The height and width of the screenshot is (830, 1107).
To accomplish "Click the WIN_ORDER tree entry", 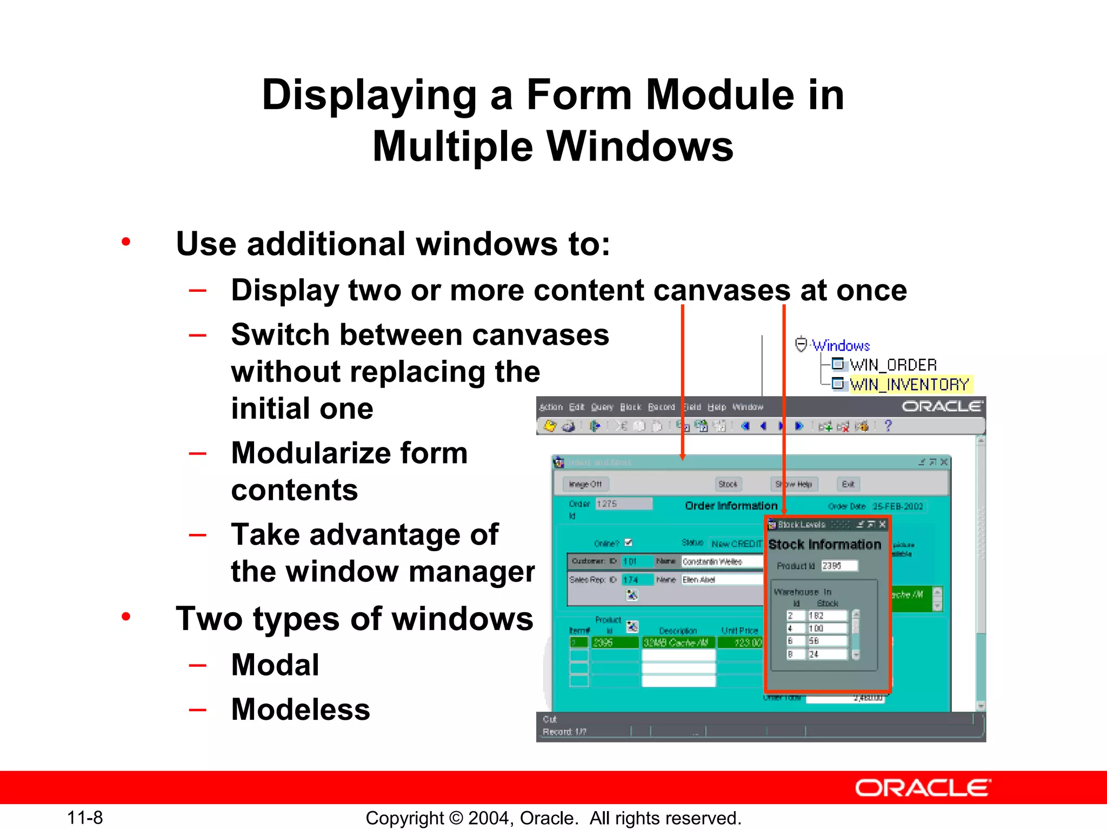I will tap(892, 365).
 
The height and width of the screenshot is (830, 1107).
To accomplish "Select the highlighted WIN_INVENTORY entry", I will tap(909, 384).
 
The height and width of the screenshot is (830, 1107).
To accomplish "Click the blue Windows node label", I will tap(841, 345).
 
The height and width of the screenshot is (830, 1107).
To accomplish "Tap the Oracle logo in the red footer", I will tap(923, 788).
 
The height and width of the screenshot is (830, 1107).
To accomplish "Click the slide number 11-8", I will tap(85, 818).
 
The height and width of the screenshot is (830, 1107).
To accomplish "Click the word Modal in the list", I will tap(275, 665).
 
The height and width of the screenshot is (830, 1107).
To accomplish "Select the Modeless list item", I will tap(301, 709).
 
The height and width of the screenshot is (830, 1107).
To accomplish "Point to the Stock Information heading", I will tap(824, 545).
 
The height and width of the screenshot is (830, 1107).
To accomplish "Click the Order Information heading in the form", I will tap(731, 506).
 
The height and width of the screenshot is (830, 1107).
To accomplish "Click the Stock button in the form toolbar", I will tap(728, 484).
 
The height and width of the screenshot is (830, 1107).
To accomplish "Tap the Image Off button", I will tap(585, 484).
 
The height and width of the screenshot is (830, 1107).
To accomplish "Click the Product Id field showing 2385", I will tap(838, 566).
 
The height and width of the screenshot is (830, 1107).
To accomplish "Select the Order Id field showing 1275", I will tap(623, 504).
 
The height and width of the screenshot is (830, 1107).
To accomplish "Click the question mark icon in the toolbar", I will tap(888, 426).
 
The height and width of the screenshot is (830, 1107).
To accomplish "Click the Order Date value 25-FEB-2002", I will tap(898, 506).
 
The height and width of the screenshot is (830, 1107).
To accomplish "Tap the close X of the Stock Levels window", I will tap(883, 524).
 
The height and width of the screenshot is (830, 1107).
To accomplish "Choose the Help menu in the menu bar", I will tap(716, 407).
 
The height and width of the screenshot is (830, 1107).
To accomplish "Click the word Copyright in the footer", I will tap(404, 818).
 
